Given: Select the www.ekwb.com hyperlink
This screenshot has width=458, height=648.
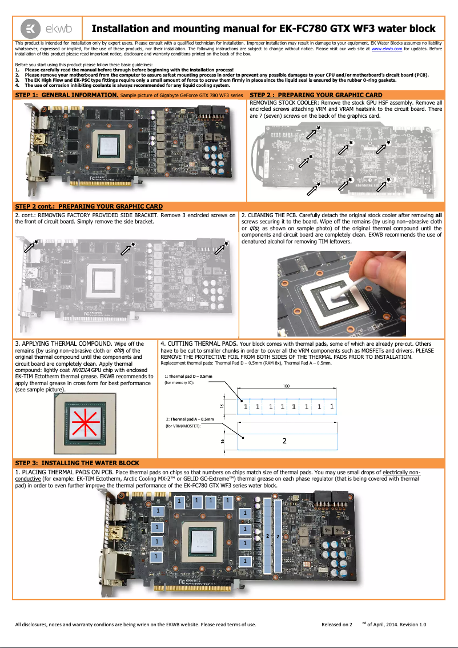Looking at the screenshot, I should point(387,49).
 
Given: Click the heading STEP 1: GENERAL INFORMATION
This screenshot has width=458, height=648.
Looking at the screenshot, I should point(66,95).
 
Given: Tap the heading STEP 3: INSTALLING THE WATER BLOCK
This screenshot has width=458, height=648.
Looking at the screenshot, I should point(77,462).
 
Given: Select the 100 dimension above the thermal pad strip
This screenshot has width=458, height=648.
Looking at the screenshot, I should point(286,386).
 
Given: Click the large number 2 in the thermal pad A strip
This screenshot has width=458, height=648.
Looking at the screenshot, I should point(284,441).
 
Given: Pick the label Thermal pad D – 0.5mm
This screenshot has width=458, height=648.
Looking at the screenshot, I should point(189,377).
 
